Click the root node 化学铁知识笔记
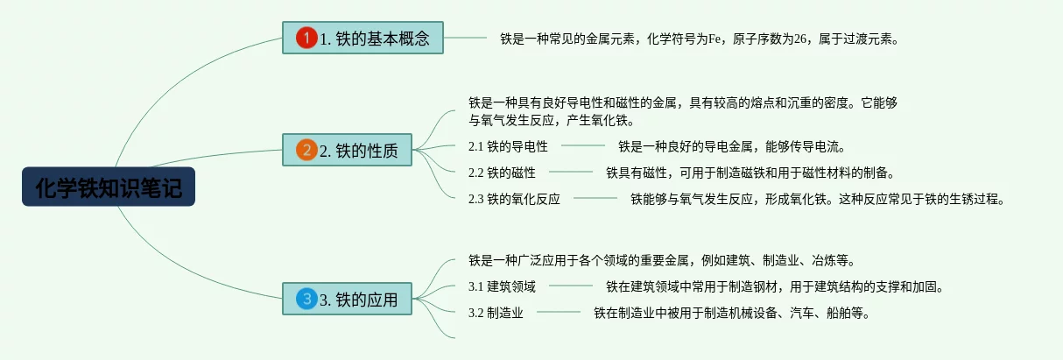click(x=109, y=187)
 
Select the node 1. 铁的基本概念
click(x=363, y=38)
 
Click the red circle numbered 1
click(x=306, y=38)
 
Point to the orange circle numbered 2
click(x=306, y=150)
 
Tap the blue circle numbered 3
click(x=306, y=300)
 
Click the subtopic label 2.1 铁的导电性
click(x=508, y=145)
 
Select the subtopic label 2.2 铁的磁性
click(x=502, y=172)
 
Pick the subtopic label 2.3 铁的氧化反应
click(x=514, y=199)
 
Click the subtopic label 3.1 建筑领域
click(x=502, y=286)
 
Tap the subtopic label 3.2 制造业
click(x=496, y=312)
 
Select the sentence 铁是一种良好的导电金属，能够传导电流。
click(x=731, y=145)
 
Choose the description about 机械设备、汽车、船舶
click(x=731, y=312)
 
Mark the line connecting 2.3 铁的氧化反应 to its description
click(x=595, y=199)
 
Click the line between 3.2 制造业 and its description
click(x=558, y=312)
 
